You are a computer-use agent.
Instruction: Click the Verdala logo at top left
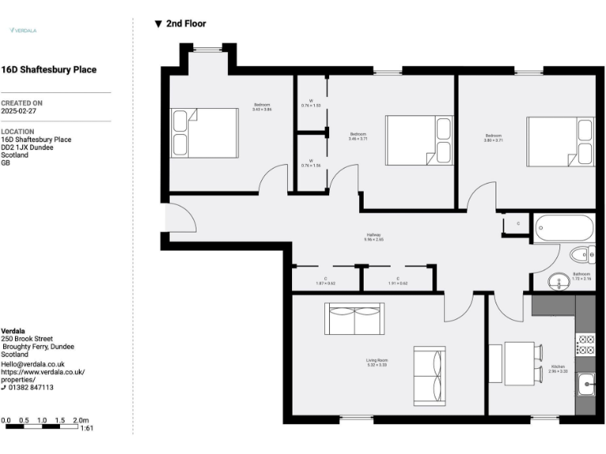tap(23, 30)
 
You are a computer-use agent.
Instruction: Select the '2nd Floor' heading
tap(181, 24)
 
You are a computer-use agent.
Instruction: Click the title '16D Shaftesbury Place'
tap(49, 69)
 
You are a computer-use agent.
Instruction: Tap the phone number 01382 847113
tap(31, 387)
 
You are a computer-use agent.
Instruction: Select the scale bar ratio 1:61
tap(88, 428)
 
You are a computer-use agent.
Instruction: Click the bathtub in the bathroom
tap(563, 229)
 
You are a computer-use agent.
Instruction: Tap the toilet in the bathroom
tap(583, 255)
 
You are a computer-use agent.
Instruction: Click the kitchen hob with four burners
tap(585, 344)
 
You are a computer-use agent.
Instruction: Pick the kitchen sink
tap(585, 385)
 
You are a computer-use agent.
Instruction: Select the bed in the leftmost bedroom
tap(204, 131)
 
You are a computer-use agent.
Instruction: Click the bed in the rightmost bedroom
tap(561, 141)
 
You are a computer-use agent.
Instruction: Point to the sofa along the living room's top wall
tap(354, 319)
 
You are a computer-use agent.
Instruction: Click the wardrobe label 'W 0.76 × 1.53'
tap(311, 102)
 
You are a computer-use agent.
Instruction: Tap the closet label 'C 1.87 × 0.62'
tap(325, 281)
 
